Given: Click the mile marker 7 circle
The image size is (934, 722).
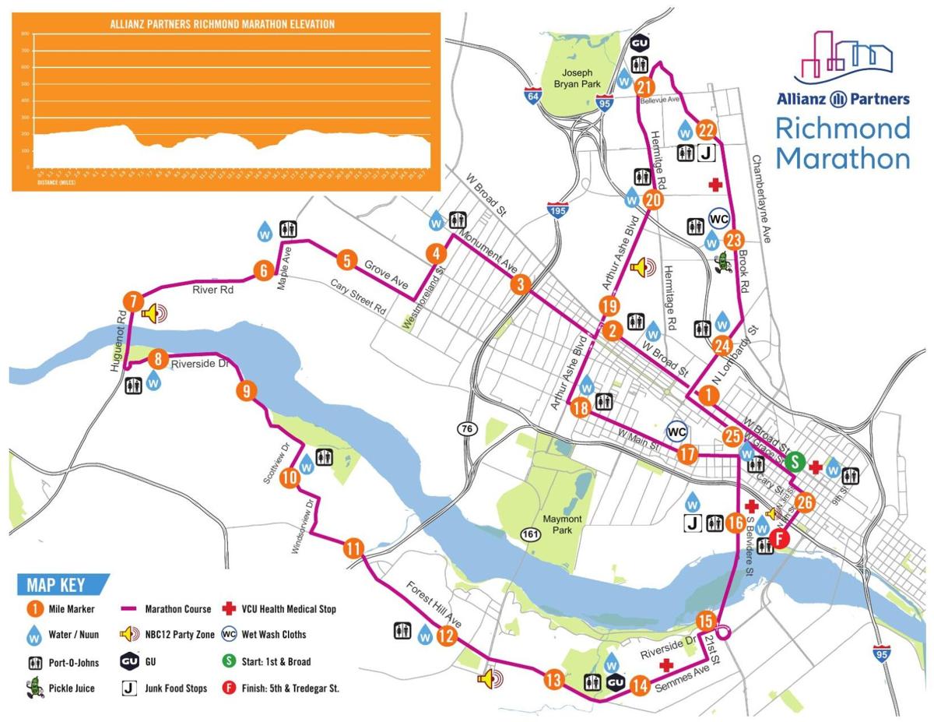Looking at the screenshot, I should pos(133,301).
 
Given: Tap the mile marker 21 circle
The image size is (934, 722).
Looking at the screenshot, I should pos(644,86).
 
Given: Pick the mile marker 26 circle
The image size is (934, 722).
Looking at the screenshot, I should pos(805,502).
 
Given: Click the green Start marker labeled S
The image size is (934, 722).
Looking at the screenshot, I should pos(795,460).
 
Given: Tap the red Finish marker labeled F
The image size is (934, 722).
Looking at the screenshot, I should pos(781,538).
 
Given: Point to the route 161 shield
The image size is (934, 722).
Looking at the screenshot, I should pos(528,534).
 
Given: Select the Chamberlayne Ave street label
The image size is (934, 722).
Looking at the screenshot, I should pos(761,198).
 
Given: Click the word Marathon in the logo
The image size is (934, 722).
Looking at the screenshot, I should pos(843,157).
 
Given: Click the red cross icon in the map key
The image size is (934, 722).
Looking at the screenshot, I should pos(228,608).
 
